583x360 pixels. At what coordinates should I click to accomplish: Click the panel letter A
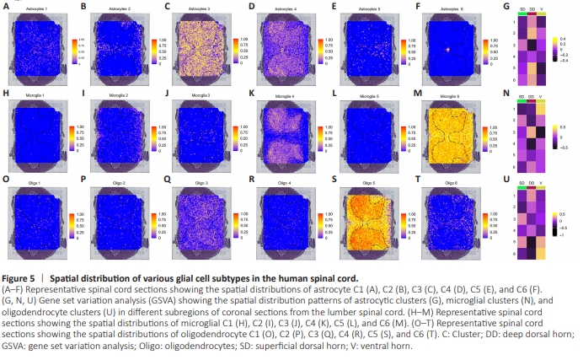point(6,7)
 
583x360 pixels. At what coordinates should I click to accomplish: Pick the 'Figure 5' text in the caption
point(19,277)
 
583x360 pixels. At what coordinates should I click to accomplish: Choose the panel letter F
point(418,7)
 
